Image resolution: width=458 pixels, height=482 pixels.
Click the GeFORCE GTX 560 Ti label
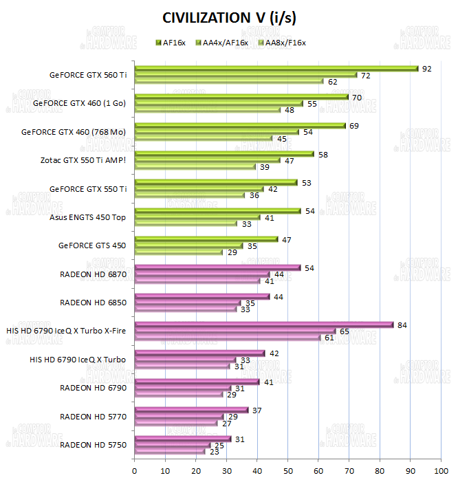pos(88,75)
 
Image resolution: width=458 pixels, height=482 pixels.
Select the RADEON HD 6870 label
pos(93,274)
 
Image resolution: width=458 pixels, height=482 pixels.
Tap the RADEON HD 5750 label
pos(93,444)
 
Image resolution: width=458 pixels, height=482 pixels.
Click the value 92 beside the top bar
pos(426,69)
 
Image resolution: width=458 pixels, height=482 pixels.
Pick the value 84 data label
pos(402,325)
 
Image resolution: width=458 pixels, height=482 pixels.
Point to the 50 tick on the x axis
pos(287,471)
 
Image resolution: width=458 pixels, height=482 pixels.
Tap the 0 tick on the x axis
pos(135,471)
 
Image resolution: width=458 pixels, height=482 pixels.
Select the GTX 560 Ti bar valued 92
pos(275,69)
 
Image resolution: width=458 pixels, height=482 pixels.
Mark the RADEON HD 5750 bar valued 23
pos(170,450)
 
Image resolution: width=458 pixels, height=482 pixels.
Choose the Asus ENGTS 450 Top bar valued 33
pos(185,223)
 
